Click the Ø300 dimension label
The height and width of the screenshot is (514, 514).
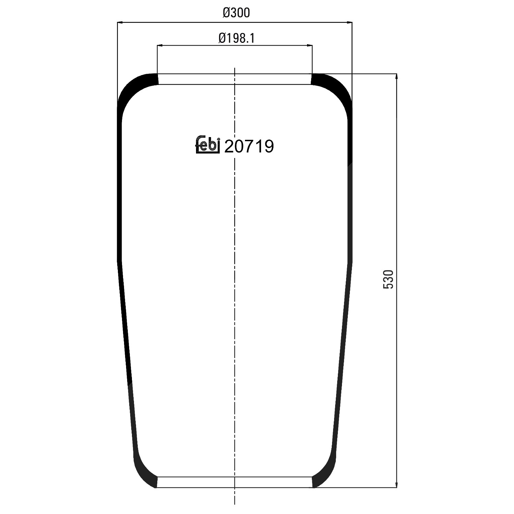tap(236, 13)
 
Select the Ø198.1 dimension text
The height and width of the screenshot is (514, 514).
tap(236, 38)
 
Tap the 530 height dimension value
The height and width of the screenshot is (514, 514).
tap(390, 279)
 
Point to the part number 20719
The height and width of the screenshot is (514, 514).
tap(249, 147)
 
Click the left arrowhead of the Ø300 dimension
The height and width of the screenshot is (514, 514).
tap(121, 23)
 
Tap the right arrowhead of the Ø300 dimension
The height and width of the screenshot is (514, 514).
tap(349, 23)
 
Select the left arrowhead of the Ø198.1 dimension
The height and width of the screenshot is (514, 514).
tap(160, 45)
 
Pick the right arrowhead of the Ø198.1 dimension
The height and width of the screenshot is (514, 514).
tap(309, 45)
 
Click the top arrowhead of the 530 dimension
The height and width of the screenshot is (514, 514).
tap(396, 77)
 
